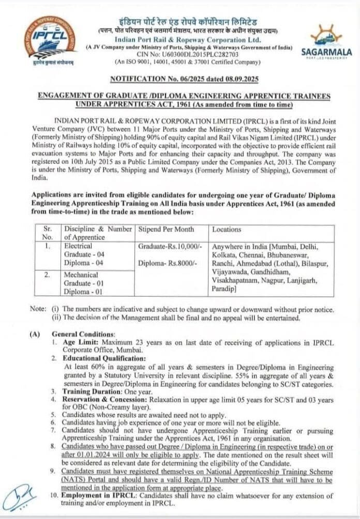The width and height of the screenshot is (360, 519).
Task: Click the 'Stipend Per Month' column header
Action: [x=166, y=229]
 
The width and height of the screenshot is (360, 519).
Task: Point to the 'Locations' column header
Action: [x=227, y=229]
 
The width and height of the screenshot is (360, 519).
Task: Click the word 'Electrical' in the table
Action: [x=78, y=246]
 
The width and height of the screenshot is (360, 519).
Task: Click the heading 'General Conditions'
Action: [x=83, y=334]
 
